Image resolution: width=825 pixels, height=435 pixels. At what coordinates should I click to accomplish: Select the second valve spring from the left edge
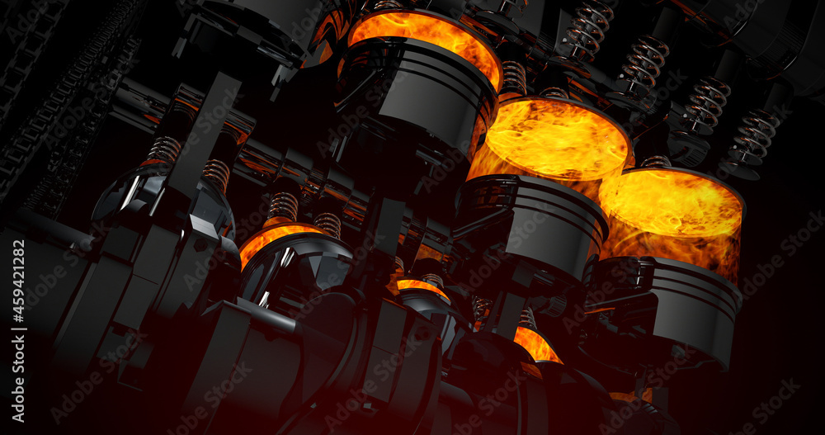(216, 173)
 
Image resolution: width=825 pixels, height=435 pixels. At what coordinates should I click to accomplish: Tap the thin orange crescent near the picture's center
(422, 286)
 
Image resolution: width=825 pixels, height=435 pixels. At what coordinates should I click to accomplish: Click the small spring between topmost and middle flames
(514, 77)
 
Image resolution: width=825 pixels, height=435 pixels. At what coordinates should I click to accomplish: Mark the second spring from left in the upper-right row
(643, 64)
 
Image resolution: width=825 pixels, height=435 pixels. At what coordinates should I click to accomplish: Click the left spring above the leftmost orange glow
(283, 206)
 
